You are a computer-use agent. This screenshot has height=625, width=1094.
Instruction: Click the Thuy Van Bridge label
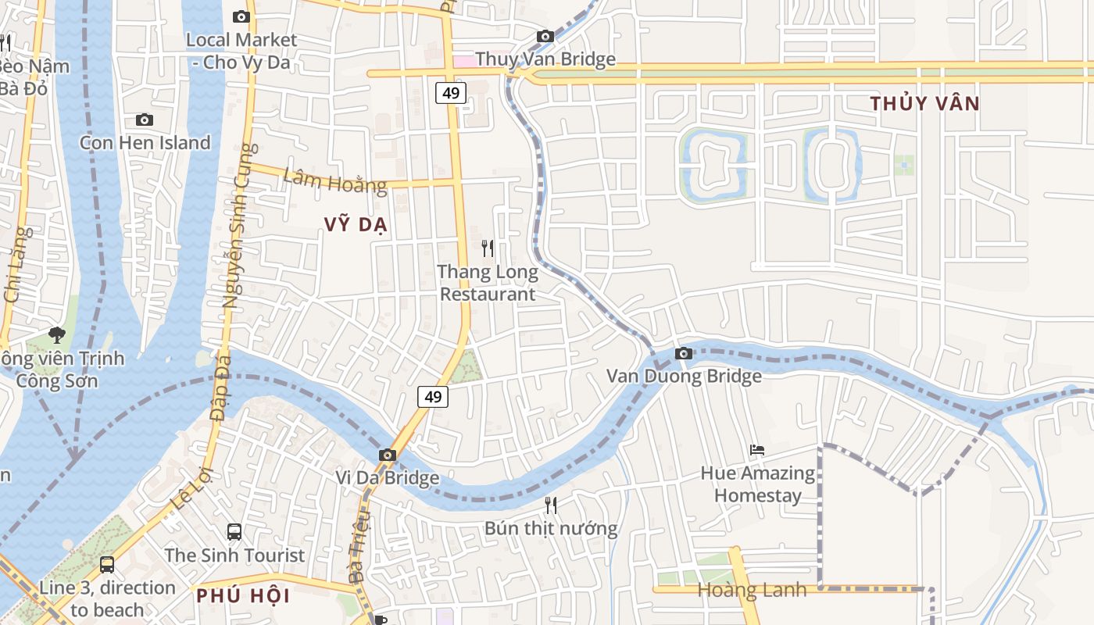point(545,59)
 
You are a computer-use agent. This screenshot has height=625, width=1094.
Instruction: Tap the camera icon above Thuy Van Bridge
point(545,36)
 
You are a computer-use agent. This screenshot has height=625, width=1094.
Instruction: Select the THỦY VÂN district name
point(924,103)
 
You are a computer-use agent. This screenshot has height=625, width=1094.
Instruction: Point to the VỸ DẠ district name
point(356,225)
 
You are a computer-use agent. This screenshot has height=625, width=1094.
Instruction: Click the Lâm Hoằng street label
point(334,180)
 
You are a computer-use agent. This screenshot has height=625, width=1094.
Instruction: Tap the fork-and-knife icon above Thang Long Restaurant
point(488,248)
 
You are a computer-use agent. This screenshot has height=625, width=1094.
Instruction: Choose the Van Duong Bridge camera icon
point(684,353)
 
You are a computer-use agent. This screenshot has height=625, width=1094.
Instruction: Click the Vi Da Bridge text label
point(387,477)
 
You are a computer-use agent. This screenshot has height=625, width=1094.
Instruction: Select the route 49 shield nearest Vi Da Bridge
point(432,397)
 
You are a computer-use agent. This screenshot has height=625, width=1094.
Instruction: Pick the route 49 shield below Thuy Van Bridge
point(451,93)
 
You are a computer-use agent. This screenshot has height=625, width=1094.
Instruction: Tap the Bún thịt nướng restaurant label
point(551,529)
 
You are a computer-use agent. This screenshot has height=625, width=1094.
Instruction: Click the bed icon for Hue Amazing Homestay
point(756,450)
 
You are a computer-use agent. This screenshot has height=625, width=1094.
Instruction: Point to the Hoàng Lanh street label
point(751,590)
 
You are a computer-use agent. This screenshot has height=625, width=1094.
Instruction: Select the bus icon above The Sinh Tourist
point(234,532)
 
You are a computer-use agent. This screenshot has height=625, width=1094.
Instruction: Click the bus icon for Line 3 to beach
point(107,564)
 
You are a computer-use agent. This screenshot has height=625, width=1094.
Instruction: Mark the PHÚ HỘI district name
point(243,596)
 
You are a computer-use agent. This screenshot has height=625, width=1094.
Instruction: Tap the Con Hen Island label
point(145,143)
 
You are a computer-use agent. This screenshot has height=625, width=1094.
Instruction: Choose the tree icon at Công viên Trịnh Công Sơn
point(56,335)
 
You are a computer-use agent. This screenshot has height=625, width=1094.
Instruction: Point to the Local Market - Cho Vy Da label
point(241,51)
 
